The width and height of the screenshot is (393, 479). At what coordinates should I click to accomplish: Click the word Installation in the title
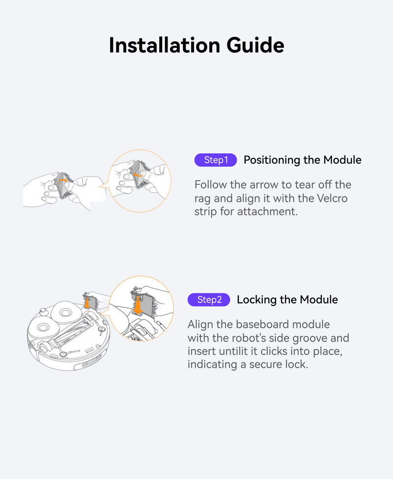[x=165, y=45]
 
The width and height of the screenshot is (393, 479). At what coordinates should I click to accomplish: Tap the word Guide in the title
[x=255, y=45]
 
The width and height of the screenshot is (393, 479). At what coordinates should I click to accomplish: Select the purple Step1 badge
[x=216, y=160]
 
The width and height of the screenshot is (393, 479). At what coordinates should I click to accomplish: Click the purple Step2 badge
[x=209, y=299]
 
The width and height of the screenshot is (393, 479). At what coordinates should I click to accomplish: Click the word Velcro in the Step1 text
[x=332, y=198]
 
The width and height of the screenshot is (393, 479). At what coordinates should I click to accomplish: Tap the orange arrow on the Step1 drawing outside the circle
[x=62, y=180]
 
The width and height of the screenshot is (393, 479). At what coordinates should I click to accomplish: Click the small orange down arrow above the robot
[x=87, y=302]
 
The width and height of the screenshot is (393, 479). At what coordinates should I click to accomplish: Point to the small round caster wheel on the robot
[x=43, y=311]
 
